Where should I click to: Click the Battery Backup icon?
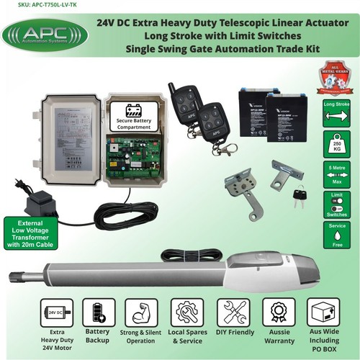[x=99, y=312]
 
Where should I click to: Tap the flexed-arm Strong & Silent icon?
[x=141, y=312]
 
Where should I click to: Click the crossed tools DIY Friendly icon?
[x=233, y=312]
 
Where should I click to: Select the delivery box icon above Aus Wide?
[x=323, y=312]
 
